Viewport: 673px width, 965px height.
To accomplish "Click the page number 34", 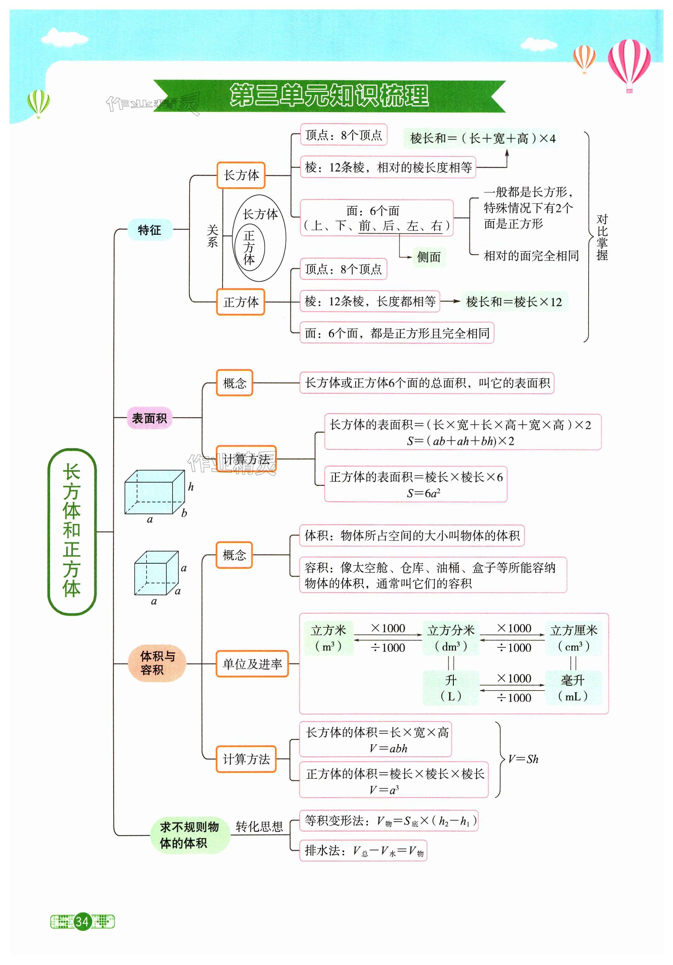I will pos(82,921).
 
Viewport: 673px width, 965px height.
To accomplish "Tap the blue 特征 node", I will pos(149,230).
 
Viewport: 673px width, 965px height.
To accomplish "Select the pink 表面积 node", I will pos(149,418).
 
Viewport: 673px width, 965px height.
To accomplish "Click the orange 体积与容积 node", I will pos(157,663).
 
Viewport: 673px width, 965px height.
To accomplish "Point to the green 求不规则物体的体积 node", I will pos(190,835).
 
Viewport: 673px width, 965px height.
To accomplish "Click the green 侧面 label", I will pos(429,257).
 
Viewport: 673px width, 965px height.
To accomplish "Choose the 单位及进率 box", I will pos(252,664).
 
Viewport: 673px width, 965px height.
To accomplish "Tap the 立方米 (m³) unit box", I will pos(328,638).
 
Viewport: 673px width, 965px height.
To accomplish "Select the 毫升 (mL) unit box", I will pos(573,688).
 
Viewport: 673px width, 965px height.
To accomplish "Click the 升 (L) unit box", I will pos(451,688).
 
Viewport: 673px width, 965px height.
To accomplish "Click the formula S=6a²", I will pos(423,493).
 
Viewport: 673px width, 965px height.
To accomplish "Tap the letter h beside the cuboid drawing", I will pos(191,487).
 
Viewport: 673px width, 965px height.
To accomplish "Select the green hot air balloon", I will pos(38,103).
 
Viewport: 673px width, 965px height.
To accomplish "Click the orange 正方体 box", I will pos(240,302).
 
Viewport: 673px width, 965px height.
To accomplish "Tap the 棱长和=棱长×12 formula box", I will pos(514,302).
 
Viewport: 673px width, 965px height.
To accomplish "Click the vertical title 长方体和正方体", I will pos(72,531).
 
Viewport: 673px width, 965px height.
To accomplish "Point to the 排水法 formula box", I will pos(363,851).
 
